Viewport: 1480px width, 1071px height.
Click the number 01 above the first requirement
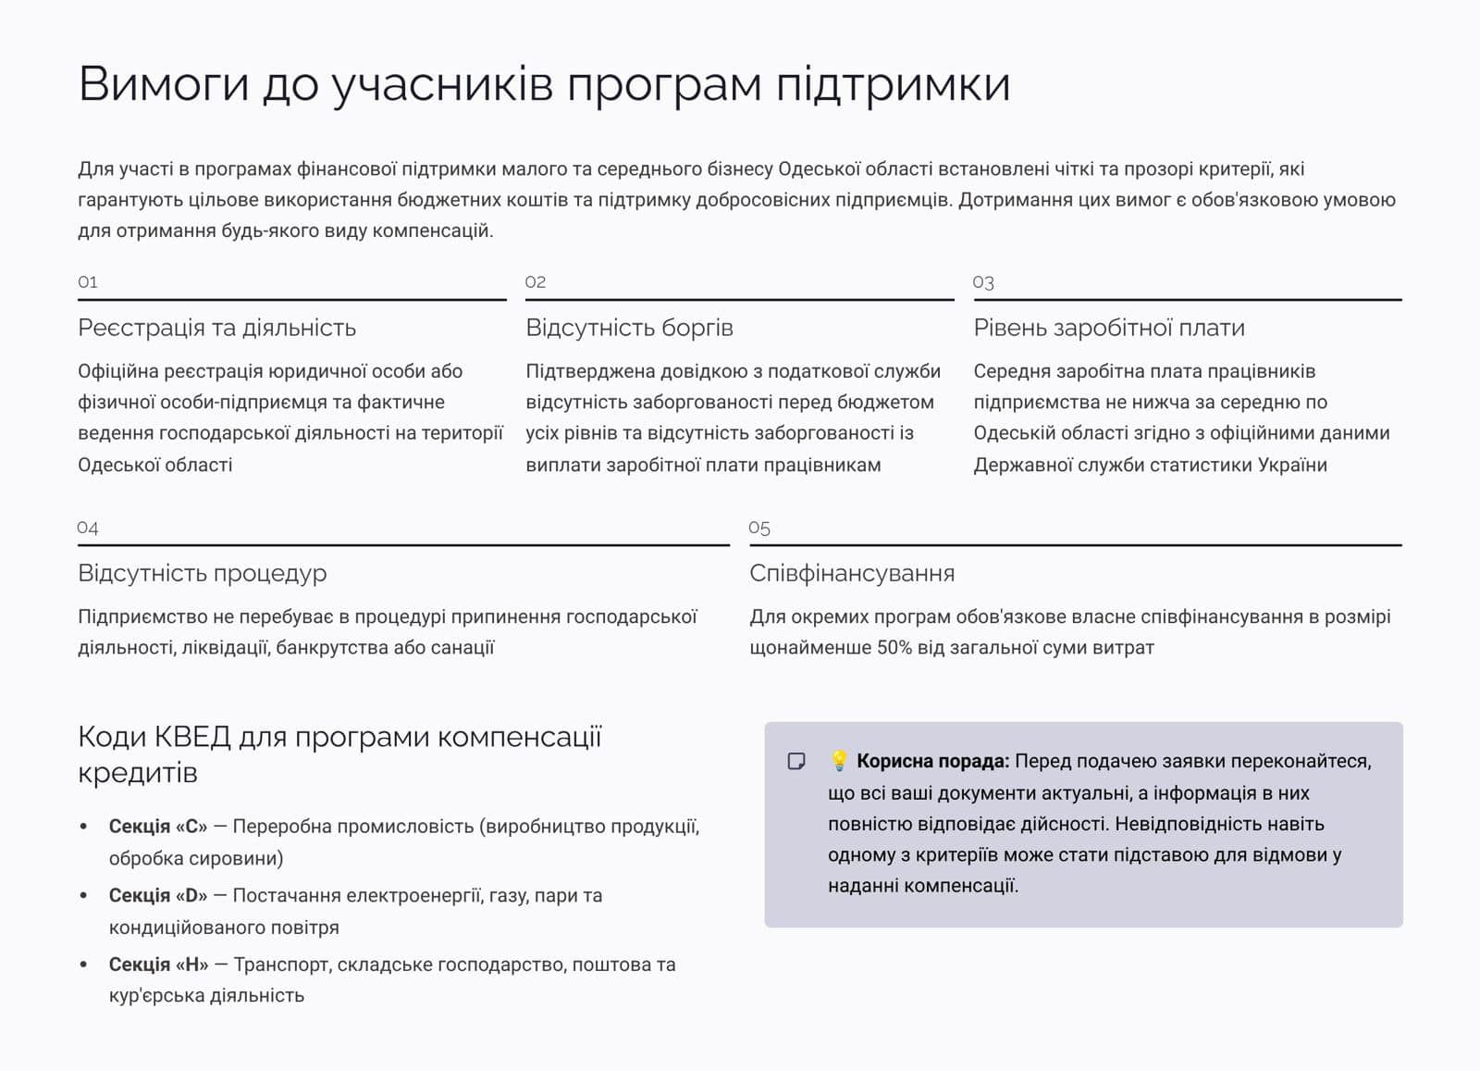point(88,282)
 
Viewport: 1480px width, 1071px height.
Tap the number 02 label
point(536,282)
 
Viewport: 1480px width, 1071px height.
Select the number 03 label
point(983,282)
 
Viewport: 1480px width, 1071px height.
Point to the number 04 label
point(88,528)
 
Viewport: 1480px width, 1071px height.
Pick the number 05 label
point(759,528)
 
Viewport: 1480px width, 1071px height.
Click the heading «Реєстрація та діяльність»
point(216,328)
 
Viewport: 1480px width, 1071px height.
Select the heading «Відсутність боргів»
point(629,328)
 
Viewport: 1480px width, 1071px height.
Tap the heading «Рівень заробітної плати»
point(1108,328)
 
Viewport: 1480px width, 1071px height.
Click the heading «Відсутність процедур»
point(202,573)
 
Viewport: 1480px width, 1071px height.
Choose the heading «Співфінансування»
point(851,573)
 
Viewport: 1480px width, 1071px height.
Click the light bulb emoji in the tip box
point(839,761)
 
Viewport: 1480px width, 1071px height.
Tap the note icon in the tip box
point(796,761)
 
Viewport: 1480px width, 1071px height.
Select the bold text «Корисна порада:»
point(932,761)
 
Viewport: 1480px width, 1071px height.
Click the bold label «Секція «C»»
point(158,827)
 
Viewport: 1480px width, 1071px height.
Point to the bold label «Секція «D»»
point(158,895)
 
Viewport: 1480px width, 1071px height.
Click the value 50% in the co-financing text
point(894,648)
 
